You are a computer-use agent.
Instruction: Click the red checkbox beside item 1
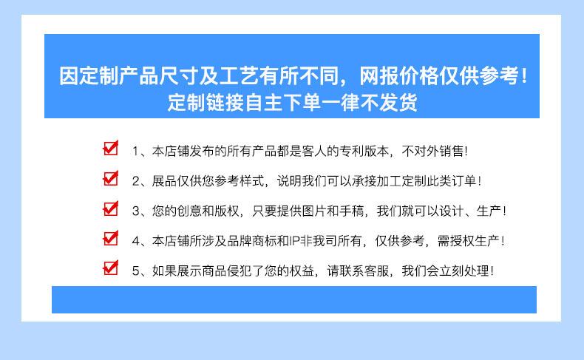(111, 148)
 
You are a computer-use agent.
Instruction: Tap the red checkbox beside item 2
(111, 178)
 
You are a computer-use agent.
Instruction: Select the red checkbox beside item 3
(111, 208)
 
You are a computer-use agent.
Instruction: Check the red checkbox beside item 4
(111, 238)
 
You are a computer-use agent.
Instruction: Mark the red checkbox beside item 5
(111, 268)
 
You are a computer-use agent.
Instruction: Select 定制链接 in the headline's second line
(206, 102)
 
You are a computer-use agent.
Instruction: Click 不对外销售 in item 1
(432, 151)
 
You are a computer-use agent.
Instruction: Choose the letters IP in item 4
(294, 241)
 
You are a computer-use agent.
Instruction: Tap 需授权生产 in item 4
(468, 241)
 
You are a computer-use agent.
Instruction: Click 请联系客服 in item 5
(358, 271)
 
